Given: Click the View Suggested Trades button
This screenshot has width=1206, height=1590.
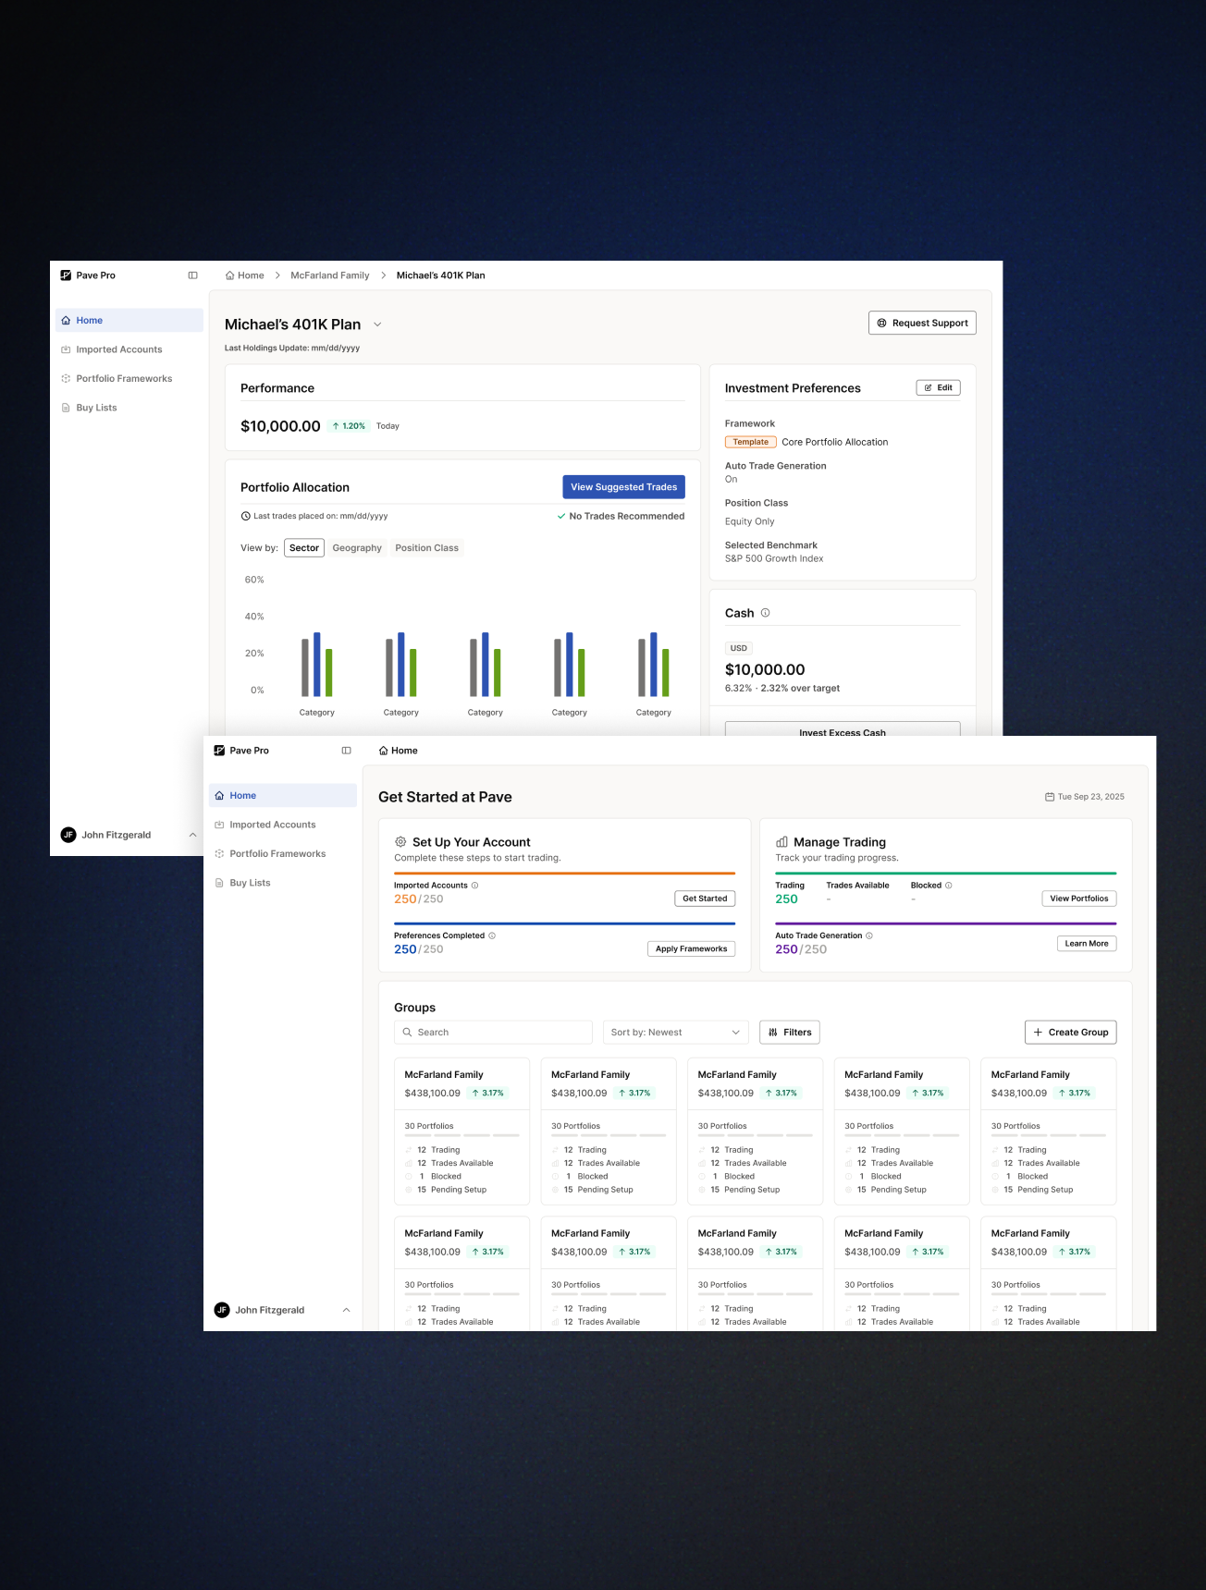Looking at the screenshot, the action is click(623, 487).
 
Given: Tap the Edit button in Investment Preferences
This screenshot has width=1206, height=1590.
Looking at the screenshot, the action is click(938, 388).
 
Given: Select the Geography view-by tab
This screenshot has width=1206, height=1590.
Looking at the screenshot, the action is click(357, 548).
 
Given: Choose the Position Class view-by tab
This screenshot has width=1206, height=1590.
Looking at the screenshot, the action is click(426, 548).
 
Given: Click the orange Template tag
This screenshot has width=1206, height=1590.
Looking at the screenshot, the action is click(750, 442).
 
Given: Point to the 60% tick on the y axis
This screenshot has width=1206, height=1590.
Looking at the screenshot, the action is click(254, 580).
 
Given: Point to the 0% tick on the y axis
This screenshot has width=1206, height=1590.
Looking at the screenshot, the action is click(257, 691).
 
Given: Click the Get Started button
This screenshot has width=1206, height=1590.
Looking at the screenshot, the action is click(705, 899).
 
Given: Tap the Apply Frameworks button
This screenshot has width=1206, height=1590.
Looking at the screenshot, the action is click(691, 948).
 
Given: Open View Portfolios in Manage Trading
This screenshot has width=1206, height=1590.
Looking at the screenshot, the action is click(1078, 899).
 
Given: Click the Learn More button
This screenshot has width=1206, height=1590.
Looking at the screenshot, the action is click(1086, 944).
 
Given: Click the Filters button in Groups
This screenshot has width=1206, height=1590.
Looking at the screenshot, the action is click(790, 1033).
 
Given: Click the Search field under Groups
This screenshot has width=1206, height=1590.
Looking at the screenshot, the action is click(493, 1033).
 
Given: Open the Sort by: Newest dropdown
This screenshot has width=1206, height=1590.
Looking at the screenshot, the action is click(675, 1033).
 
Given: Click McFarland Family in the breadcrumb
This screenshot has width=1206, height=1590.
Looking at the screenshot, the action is click(329, 275).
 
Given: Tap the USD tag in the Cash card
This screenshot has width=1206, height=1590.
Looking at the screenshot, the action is click(738, 648).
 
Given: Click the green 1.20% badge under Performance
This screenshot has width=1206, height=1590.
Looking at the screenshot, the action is click(349, 426).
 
